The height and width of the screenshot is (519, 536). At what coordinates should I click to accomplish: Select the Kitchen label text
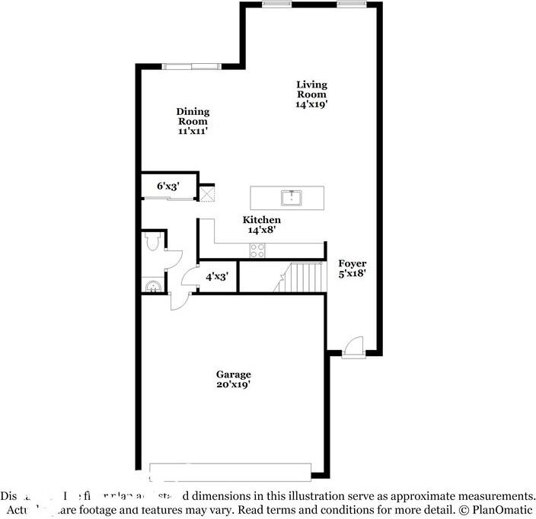click(x=261, y=220)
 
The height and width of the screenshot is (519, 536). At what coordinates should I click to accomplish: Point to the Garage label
click(x=233, y=374)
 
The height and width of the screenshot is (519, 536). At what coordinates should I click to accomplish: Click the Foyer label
click(x=352, y=263)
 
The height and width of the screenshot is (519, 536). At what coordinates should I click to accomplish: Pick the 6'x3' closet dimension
click(x=167, y=186)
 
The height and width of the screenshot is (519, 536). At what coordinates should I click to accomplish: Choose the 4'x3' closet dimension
click(x=217, y=277)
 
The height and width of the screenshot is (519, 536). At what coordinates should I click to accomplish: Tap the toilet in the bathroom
click(x=151, y=242)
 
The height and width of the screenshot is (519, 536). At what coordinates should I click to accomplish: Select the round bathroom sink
click(x=152, y=287)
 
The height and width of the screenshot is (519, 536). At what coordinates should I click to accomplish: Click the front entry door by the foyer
click(x=353, y=347)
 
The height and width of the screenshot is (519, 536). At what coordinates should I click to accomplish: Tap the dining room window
click(x=191, y=66)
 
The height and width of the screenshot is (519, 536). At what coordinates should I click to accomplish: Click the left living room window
click(x=273, y=4)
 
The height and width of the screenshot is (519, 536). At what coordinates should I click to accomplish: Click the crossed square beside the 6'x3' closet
click(x=207, y=193)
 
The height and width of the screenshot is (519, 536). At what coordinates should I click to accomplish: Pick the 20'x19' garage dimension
click(x=233, y=385)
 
